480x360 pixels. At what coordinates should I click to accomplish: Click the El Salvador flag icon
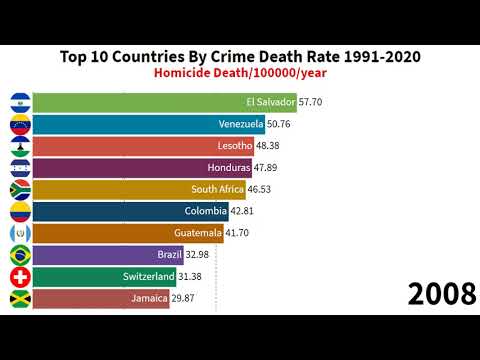point(19,102)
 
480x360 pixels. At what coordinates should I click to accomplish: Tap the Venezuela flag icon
point(19,124)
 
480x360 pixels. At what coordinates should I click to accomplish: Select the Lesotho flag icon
point(19,146)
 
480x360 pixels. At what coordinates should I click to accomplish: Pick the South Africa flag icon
point(19,189)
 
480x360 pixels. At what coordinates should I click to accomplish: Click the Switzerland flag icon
point(19,276)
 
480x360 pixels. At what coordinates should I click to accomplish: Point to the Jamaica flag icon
point(19,298)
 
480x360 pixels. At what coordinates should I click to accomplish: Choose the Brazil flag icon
point(19,254)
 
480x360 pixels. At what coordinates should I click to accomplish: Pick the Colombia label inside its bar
point(206,211)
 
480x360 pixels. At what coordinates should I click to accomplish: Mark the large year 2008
point(440,295)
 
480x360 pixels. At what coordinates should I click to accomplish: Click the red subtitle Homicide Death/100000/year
point(240,72)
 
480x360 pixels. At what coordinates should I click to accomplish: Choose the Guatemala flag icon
point(19,232)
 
